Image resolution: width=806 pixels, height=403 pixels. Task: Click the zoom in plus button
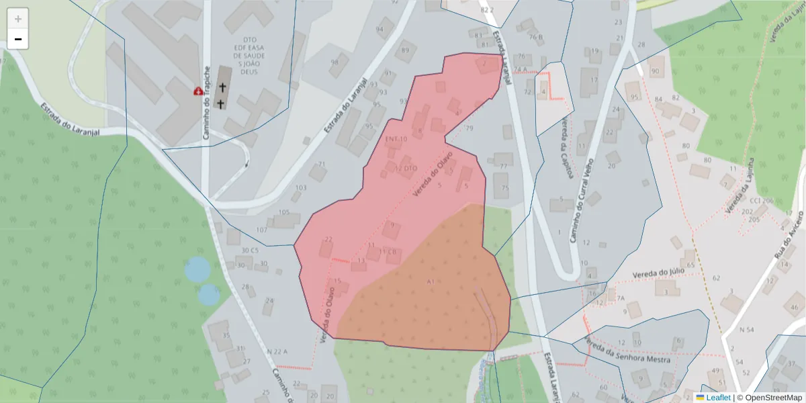18,19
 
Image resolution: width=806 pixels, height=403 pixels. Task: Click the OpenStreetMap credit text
770,398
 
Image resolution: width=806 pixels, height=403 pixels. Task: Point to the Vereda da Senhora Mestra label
627,350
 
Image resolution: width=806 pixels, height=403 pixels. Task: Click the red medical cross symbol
199,91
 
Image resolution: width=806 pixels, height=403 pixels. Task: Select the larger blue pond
197,269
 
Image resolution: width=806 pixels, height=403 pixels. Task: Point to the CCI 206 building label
762,201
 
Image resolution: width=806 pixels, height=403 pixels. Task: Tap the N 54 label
746,330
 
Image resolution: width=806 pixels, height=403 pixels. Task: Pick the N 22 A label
277,352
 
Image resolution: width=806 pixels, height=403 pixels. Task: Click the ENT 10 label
396,139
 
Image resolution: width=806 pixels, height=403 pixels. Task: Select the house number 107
261,230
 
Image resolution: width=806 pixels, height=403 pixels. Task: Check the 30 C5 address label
249,251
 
